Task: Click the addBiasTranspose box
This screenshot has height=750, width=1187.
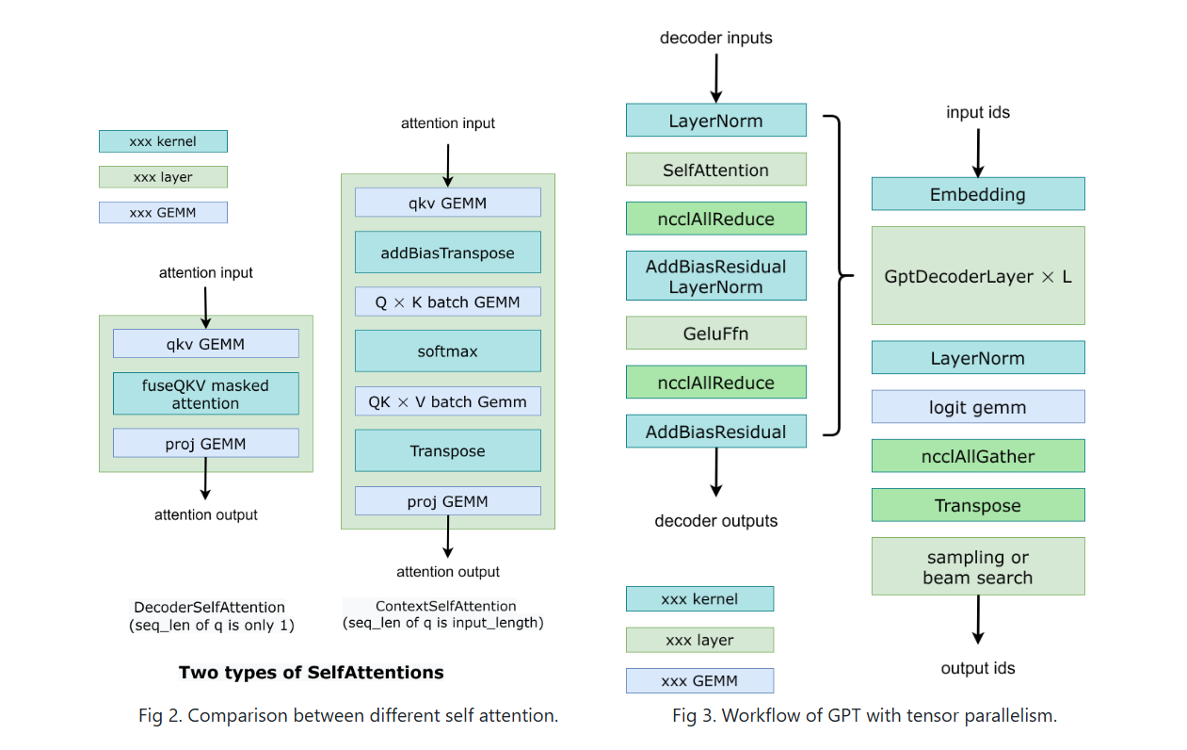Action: [448, 253]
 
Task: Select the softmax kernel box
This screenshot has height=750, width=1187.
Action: [448, 351]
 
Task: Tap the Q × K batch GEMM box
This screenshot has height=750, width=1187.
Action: [448, 302]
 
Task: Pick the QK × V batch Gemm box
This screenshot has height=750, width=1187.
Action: [448, 401]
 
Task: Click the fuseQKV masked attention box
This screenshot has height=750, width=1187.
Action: [205, 394]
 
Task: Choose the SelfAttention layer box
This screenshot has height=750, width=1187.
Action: [716, 170]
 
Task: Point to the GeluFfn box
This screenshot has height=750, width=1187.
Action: [716, 334]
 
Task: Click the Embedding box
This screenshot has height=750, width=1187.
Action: [978, 194]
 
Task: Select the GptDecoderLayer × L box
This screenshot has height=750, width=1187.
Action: [978, 276]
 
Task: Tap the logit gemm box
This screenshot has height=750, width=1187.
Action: [978, 407]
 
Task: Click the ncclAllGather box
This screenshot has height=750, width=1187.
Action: [978, 456]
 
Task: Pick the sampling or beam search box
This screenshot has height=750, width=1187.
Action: [978, 566]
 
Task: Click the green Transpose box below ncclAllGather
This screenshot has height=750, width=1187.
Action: [978, 505]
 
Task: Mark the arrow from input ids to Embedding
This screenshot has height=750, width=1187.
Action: [978, 154]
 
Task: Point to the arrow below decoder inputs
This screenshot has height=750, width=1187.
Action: [716, 78]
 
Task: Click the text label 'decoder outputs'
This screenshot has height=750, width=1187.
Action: [716, 521]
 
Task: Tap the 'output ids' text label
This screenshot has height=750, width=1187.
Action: [978, 668]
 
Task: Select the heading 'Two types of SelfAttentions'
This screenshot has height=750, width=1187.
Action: [311, 673]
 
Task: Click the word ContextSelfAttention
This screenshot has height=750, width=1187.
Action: [445, 606]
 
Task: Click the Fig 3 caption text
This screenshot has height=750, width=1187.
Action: [864, 715]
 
